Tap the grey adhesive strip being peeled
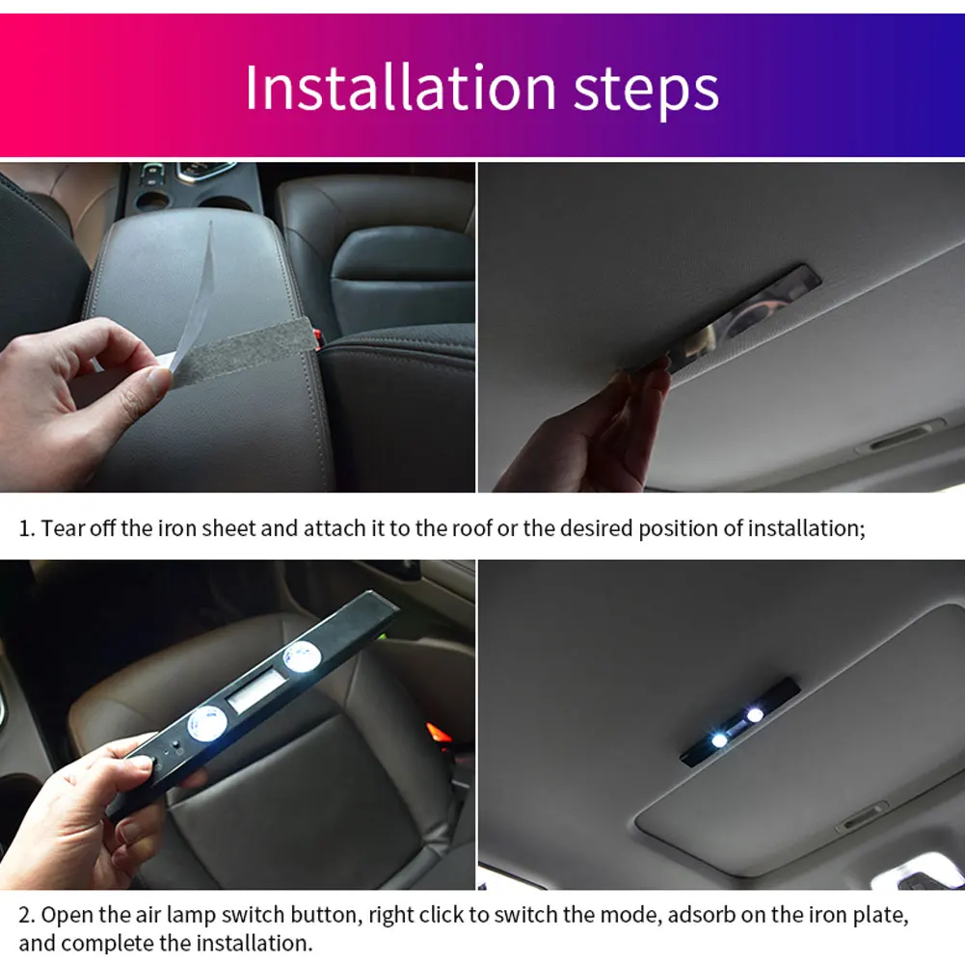(241, 352)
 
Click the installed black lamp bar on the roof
(739, 722)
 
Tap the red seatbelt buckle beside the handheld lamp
(439, 735)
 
